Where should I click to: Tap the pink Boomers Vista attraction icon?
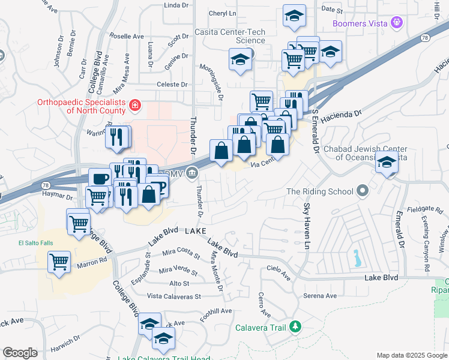(x=396, y=24)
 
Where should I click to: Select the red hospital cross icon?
(x=135, y=106)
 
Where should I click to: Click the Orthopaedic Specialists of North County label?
(x=83, y=106)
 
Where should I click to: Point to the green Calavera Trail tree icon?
(x=295, y=326)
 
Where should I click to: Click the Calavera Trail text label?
(x=260, y=327)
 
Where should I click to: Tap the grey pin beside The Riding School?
(x=363, y=191)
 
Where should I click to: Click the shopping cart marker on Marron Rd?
(x=59, y=262)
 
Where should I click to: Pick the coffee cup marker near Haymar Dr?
(x=100, y=178)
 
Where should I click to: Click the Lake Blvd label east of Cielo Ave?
(x=382, y=278)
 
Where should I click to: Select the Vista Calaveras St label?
(x=174, y=296)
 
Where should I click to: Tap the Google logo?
(x=20, y=353)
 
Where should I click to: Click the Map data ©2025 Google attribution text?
(x=411, y=355)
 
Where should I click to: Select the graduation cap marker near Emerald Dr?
(x=387, y=163)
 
